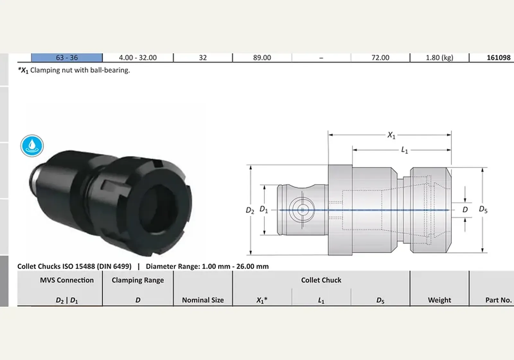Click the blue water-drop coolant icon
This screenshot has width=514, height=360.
(x=32, y=146)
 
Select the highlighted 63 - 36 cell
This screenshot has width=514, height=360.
(x=67, y=58)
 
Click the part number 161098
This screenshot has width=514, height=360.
(x=499, y=58)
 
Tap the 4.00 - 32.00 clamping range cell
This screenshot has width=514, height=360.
(x=138, y=58)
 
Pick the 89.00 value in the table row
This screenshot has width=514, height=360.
(x=262, y=58)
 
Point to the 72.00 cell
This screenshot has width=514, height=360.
(x=380, y=58)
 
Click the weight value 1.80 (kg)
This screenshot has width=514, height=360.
(x=439, y=58)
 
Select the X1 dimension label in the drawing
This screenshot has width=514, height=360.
(x=391, y=135)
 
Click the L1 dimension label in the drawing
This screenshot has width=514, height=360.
(x=404, y=150)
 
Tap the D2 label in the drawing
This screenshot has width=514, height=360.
(x=250, y=210)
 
